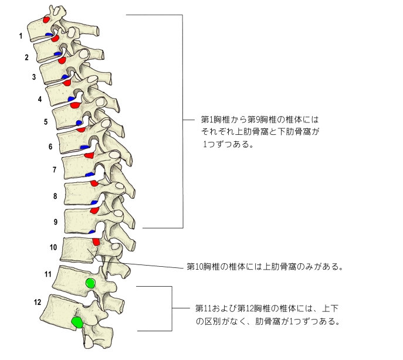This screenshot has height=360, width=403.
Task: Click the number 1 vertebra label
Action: pyautogui.click(x=21, y=36)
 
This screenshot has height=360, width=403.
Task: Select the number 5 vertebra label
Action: pyautogui.click(x=46, y=122)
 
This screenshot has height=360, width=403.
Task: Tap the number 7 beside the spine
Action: pyautogui.click(x=54, y=170)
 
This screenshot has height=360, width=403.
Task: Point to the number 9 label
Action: pyautogui.click(x=55, y=222)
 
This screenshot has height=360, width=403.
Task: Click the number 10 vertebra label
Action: pyautogui.click(x=53, y=247)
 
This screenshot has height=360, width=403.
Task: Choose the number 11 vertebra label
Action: pyautogui.click(x=48, y=274)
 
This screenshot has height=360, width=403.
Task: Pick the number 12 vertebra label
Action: pyautogui.click(x=38, y=303)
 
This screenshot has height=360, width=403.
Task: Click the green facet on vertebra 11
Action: pyautogui.click(x=90, y=283)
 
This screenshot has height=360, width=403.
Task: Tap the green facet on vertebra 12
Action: pyautogui.click(x=76, y=322)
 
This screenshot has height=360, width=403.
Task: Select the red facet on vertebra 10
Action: pyautogui.click(x=96, y=242)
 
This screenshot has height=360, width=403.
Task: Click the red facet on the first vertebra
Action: pyautogui.click(x=46, y=20)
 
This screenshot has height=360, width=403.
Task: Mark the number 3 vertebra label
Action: pyautogui.click(x=34, y=77)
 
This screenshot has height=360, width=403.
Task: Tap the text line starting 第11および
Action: pyautogui.click(x=267, y=308)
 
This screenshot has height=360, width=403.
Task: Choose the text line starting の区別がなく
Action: pyautogui.click(x=267, y=321)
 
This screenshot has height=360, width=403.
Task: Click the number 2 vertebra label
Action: pyautogui.click(x=26, y=57)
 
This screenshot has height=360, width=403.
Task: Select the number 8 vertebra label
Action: pyautogui.click(x=55, y=196)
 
